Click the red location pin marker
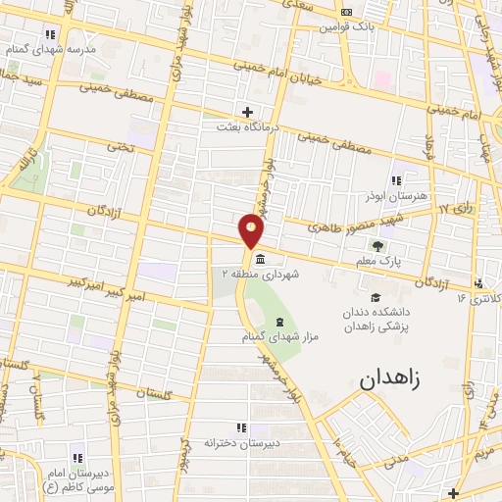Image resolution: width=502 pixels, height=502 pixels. point(252,232)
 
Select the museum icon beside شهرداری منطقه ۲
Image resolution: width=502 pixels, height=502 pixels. point(259,260)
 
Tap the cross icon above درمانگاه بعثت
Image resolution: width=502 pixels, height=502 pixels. point(248,112)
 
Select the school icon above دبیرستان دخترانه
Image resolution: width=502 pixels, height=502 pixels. point(241,427)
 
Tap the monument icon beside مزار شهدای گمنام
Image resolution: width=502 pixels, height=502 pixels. point(280,322)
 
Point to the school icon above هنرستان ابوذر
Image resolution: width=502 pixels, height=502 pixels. point(395,180)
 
